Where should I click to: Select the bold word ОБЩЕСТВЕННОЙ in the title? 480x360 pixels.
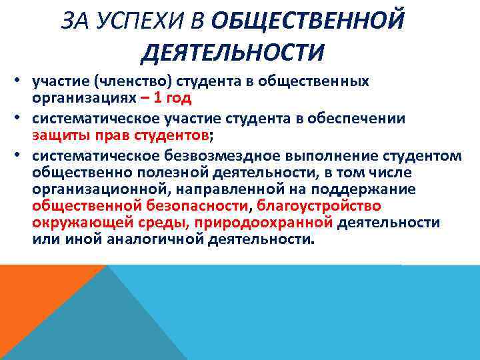[x=308, y=22]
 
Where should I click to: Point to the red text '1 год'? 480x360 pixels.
[x=175, y=99]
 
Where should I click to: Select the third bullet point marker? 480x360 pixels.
[x=22, y=156]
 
